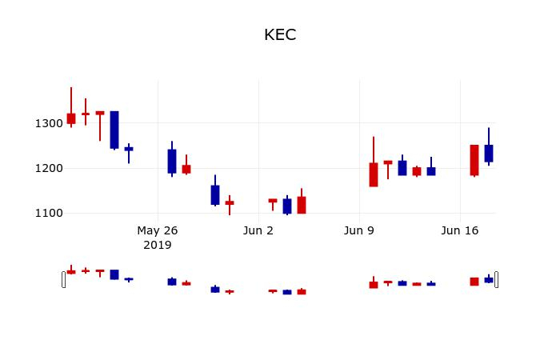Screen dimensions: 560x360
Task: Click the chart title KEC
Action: (x=280, y=35)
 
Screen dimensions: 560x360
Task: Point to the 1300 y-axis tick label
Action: (x=49, y=123)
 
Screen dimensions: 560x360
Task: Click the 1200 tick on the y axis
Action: (x=49, y=168)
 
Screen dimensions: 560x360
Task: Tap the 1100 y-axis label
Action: (x=49, y=214)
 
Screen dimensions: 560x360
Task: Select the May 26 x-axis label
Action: (x=157, y=230)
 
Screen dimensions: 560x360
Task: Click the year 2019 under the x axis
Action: (x=157, y=245)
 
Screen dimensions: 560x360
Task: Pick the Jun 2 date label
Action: (x=258, y=230)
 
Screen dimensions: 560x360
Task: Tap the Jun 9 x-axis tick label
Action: (x=359, y=230)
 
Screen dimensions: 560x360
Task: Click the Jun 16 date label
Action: (x=460, y=230)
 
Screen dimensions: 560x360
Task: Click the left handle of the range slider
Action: (x=63, y=279)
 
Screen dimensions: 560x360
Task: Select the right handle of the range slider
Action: (x=497, y=279)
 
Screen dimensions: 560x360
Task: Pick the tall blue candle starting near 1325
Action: (x=114, y=130)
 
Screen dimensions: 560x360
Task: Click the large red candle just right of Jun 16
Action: (x=474, y=160)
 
